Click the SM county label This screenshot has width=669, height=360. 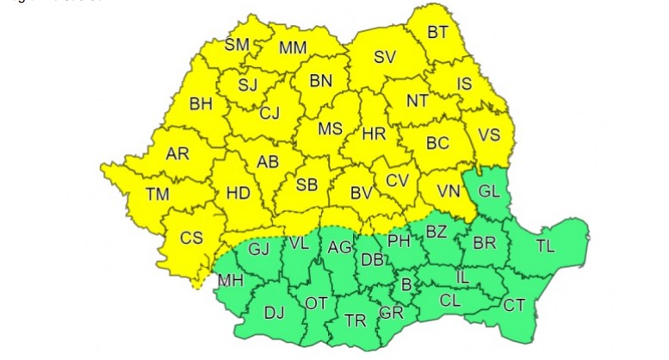coord(237,45)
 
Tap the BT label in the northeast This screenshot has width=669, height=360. coord(438,33)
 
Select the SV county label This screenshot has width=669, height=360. coord(385,59)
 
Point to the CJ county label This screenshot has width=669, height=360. coord(269,112)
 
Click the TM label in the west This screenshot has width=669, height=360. coord(158,194)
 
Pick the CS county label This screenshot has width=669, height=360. coord(191,236)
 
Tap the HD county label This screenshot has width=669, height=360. coord(238,193)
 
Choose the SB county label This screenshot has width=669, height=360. coord(307,185)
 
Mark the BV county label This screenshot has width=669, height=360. coord(362,194)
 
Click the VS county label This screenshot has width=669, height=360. coord(489,135)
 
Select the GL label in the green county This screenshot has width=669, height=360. coord(488,192)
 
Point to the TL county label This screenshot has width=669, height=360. coord(545,246)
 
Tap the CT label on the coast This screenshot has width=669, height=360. coord(514,304)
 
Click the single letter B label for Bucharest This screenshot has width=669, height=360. coord(407,282)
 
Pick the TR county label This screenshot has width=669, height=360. coord(355,320)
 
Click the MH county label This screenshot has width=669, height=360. coord(230,280)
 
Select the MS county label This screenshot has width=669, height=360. coord(330,129)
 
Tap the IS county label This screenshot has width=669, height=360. coord(465,84)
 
